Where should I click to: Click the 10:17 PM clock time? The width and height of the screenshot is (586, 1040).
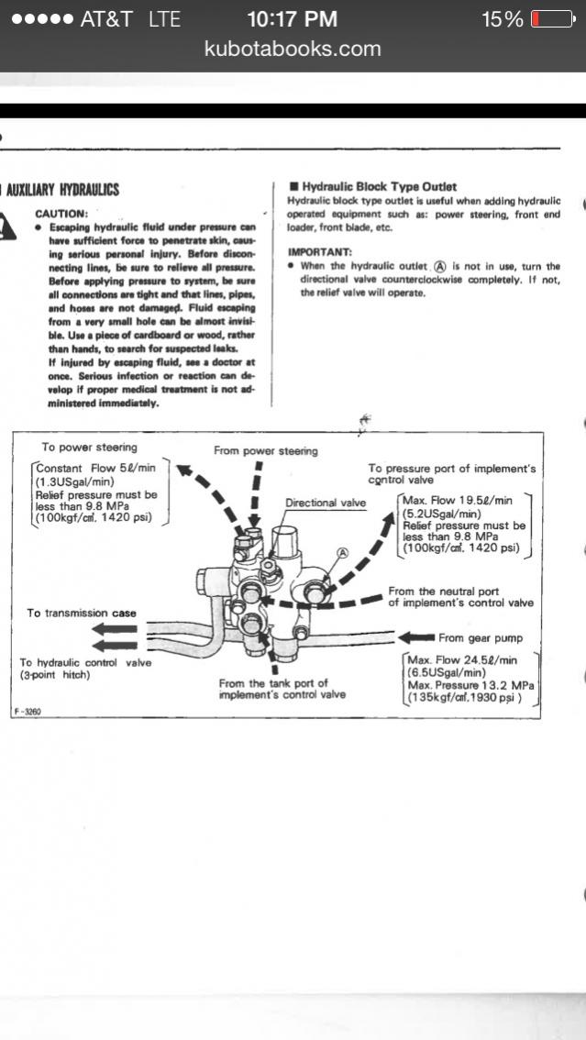tap(293, 18)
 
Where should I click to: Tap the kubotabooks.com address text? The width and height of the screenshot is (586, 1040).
tap(293, 49)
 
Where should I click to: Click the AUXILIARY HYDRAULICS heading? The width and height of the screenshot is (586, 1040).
tap(63, 190)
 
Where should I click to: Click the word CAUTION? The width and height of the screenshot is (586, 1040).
tap(61, 213)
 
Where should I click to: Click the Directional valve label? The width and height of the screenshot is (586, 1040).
tap(325, 503)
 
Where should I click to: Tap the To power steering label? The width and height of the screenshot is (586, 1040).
tap(91, 448)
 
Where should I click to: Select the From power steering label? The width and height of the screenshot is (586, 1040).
tap(266, 450)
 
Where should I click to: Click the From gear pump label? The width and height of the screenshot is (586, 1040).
tap(477, 637)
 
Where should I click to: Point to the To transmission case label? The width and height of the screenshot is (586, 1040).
tap(81, 613)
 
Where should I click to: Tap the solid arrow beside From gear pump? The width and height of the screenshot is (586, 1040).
tap(417, 637)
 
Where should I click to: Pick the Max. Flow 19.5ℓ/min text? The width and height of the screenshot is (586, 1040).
tap(458, 501)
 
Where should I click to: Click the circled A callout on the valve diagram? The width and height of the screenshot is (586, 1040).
tap(343, 553)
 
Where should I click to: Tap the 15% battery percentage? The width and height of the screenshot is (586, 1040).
tap(503, 18)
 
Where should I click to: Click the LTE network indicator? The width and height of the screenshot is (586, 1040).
tap(165, 18)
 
